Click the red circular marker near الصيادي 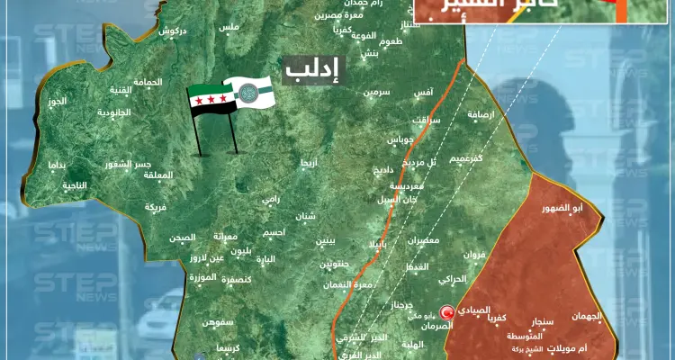(443, 313)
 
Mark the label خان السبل (398, 198)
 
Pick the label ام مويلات (580, 347)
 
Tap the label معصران (423, 240)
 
